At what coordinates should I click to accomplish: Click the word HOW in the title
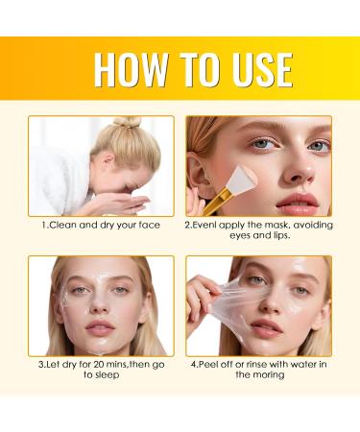pyautogui.click(x=132, y=71)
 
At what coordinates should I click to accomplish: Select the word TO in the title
pyautogui.click(x=193, y=71)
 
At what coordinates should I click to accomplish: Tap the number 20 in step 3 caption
pyautogui.click(x=95, y=364)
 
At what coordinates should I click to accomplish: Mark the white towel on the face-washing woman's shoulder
pyautogui.click(x=60, y=178)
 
